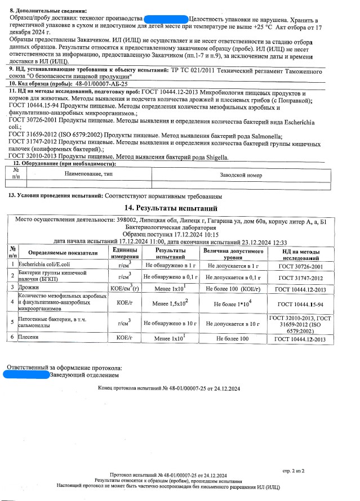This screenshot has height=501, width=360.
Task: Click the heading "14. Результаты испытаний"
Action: tap(180, 208)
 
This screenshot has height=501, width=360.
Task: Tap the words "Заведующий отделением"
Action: tap(85, 374)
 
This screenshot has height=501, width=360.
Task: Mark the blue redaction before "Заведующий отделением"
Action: tap(26, 374)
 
